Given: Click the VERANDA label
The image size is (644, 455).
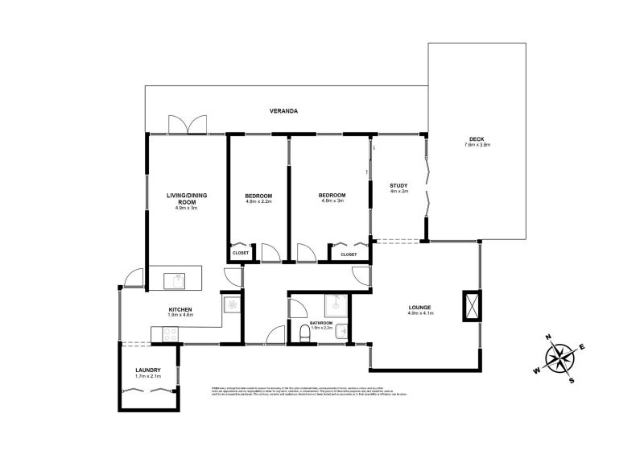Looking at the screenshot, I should tap(285, 111).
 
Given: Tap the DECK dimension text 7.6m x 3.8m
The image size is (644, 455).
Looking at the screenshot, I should tap(477, 145).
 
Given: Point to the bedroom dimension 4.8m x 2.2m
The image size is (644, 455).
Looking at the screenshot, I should tap(258, 203).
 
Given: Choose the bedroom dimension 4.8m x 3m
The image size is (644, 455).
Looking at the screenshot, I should tap(332, 202).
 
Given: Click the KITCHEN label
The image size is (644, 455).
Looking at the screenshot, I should tap(180, 310).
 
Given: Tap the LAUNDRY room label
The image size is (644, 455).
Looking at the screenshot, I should tap(148, 370).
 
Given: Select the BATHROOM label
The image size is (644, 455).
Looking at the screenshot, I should tap(321, 322).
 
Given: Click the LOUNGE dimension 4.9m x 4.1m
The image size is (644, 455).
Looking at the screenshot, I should tap(419, 314).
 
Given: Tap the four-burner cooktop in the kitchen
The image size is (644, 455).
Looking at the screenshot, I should tap(231, 304).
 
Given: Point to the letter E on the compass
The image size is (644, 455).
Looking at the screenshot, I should tap(581, 347).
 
